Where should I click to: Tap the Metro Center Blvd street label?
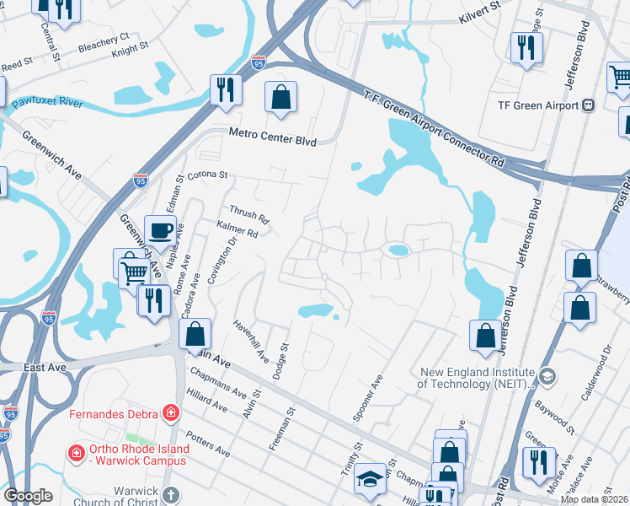click(x=273, y=138)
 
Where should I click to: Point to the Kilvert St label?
click(x=479, y=12)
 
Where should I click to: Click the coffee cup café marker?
click(x=160, y=229)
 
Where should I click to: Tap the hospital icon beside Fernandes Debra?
click(x=171, y=412)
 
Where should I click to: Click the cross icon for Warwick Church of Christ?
click(x=170, y=495)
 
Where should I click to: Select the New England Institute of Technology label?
click(x=477, y=378)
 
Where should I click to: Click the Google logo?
click(x=28, y=496)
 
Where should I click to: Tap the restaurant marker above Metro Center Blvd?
click(x=226, y=89)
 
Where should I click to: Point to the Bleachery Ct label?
click(x=103, y=42)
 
